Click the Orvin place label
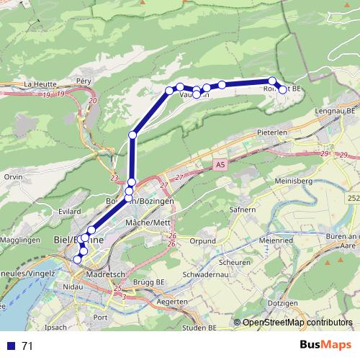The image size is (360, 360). point(13,176)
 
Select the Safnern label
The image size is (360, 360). point(243,211)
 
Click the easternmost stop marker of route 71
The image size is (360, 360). point(283,89)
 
